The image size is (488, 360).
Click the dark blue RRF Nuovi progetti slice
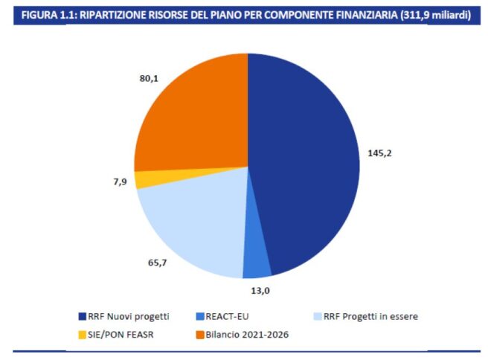click(x=305, y=164)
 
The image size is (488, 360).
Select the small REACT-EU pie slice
click(x=257, y=263)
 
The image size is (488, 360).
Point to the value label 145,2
click(x=379, y=153)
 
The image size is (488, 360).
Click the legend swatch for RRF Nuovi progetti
click(x=83, y=317)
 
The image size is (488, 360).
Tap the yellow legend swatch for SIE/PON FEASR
click(x=83, y=334)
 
